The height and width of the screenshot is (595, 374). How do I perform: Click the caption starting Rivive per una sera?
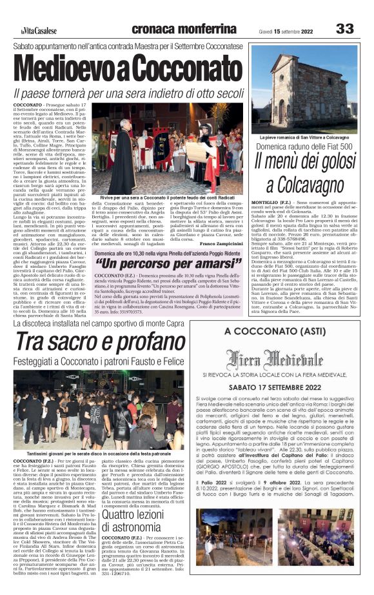(x=171, y=196)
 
